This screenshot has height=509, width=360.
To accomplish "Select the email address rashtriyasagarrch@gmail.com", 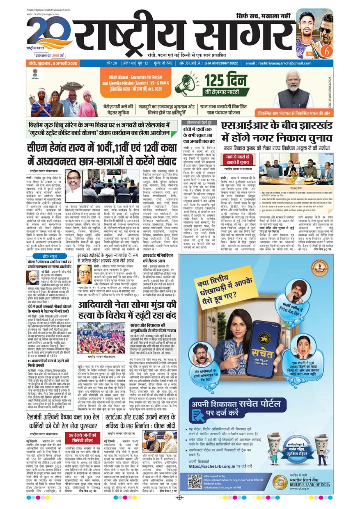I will point(279,63).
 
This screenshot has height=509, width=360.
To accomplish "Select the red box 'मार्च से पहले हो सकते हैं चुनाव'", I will point(238,159).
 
